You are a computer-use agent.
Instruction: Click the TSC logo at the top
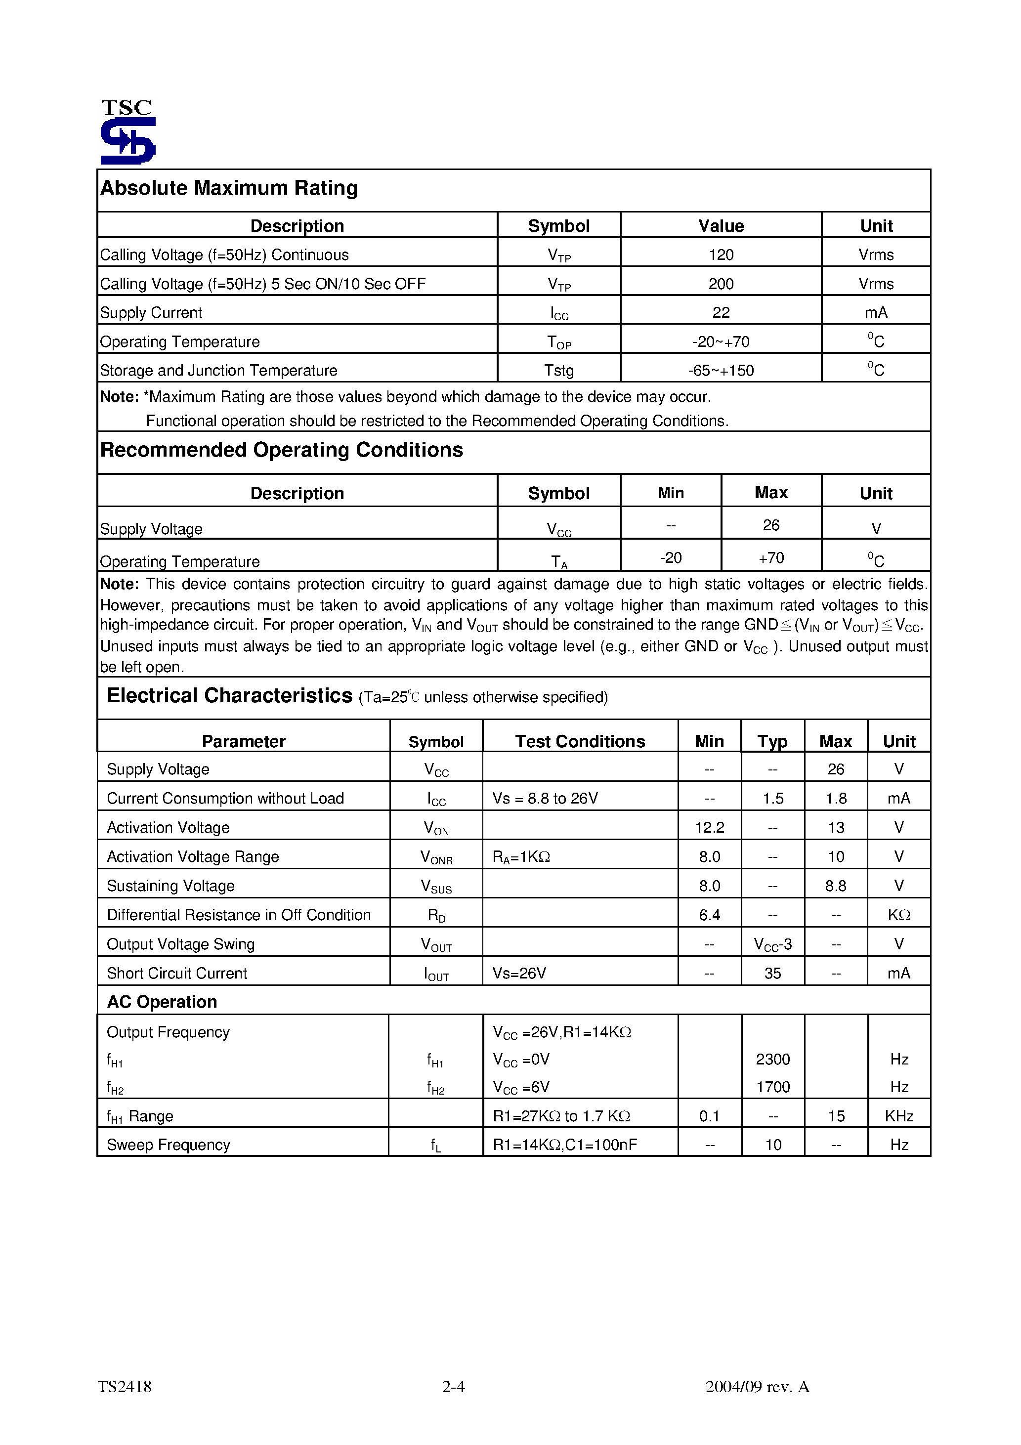pos(128,132)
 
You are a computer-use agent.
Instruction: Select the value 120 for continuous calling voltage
pos(721,255)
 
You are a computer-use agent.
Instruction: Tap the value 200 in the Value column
pos(721,284)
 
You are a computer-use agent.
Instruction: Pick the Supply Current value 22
pos(721,313)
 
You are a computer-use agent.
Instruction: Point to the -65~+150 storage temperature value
pos(721,371)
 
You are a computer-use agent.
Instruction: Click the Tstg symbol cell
pos(558,371)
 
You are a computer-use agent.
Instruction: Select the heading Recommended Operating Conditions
pos(281,450)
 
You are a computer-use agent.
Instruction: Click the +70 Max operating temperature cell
pos(771,558)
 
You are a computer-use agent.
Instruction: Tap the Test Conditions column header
pos(580,741)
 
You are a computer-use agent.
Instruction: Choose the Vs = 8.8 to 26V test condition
pos(545,799)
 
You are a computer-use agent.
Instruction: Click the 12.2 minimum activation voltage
pos(710,828)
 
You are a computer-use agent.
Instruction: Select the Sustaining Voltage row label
pos(170,886)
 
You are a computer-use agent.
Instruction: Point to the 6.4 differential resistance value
pos(710,915)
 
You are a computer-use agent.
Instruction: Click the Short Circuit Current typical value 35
pos(772,974)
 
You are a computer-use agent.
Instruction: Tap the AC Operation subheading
pos(162,1002)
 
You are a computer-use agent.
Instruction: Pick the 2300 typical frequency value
pos(772,1059)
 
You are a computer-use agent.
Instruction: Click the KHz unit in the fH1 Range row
pos(899,1116)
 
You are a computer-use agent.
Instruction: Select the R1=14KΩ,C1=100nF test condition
pos(565,1145)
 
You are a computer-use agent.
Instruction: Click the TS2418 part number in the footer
pos(125,1387)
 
